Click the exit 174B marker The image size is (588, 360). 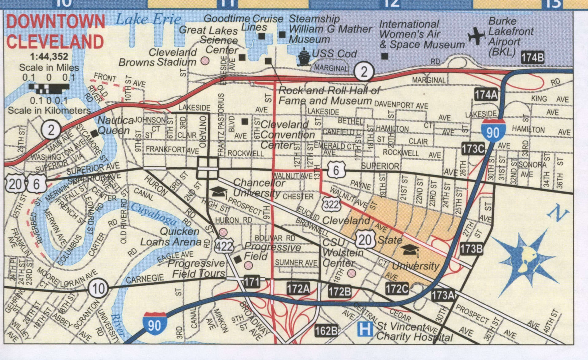(x=532, y=57)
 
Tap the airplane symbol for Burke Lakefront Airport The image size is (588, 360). (x=476, y=36)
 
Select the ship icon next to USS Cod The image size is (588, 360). (x=304, y=57)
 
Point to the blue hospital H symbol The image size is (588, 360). (x=365, y=329)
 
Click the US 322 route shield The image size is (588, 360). (x=332, y=204)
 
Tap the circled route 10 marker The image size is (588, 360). (x=98, y=288)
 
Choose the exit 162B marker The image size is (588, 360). (x=326, y=331)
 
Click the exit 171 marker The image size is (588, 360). (x=251, y=282)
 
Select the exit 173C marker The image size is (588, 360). (x=473, y=149)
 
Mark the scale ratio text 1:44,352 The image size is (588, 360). (x=49, y=57)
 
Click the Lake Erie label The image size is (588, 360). (x=148, y=20)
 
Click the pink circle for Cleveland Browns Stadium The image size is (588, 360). (x=205, y=61)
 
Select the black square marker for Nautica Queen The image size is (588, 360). (x=95, y=133)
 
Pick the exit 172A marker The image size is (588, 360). (x=298, y=289)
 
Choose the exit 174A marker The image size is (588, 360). (x=486, y=95)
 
